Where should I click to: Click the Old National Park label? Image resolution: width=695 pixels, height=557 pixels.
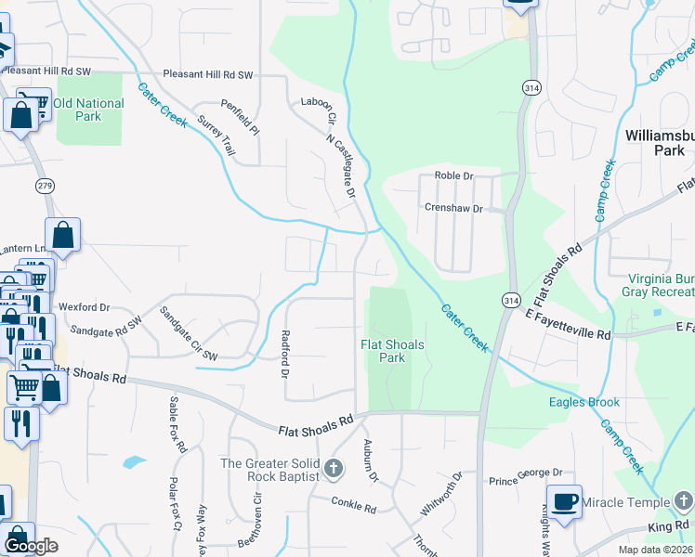coord(88,110)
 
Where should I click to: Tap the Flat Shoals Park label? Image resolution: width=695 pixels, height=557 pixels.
coord(393,351)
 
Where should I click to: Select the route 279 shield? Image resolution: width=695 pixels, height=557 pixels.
coord(45,186)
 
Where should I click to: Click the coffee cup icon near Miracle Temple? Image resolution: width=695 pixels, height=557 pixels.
coord(564,502)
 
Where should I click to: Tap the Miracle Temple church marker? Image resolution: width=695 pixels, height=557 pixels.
coord(684,502)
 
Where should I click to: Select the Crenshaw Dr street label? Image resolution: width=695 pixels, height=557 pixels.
coord(453,208)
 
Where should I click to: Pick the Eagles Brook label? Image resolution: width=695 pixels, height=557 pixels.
coord(584,402)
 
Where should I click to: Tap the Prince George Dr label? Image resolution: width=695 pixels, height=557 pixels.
coord(527,480)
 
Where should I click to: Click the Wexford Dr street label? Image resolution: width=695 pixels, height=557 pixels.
coord(84,306)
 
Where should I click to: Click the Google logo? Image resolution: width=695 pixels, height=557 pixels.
coord(31,546)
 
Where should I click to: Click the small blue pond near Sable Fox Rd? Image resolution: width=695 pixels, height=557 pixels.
coord(134,461)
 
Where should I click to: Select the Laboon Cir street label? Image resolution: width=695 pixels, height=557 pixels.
coord(316,102)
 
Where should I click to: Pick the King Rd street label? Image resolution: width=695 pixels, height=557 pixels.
coord(668,526)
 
